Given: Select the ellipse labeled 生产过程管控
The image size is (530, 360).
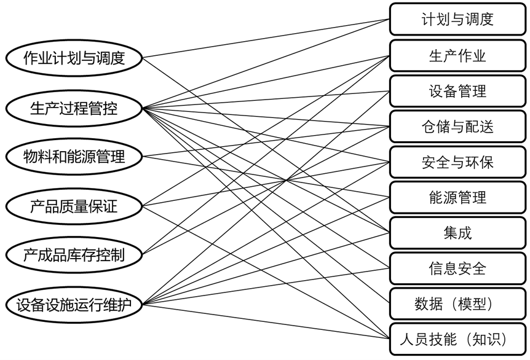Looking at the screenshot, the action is point(74,108).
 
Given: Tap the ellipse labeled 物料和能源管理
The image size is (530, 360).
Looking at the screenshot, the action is point(74,157).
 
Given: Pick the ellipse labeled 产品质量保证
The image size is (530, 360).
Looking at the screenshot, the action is point(74,206).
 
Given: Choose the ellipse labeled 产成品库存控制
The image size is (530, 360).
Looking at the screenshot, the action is point(74,254).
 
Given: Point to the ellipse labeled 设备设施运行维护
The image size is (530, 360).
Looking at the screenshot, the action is point(74,305).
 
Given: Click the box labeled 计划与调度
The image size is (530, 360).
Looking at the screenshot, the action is point(457,19).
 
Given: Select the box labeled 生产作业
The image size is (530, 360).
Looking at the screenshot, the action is point(457,56).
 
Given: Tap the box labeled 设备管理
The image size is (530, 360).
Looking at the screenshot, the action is point(457,91).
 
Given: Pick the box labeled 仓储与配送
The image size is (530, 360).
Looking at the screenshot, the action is point(457,127).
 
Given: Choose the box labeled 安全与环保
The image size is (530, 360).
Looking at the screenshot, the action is point(457,162).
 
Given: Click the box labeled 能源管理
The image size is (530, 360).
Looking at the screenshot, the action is point(457,197).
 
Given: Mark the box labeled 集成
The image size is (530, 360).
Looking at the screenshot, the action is point(457,233).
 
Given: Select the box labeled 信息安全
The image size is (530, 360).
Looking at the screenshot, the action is point(457,268).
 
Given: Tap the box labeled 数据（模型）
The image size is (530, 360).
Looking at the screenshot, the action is point(457,304).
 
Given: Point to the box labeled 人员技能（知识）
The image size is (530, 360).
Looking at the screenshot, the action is point(457,339).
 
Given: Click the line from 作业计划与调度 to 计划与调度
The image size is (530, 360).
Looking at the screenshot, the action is point(266,39).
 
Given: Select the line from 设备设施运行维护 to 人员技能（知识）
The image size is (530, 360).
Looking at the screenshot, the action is point(266,321).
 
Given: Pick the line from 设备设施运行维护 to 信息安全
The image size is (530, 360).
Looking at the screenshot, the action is point(266,286).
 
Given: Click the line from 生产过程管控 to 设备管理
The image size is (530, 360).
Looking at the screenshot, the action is point(266,100).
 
